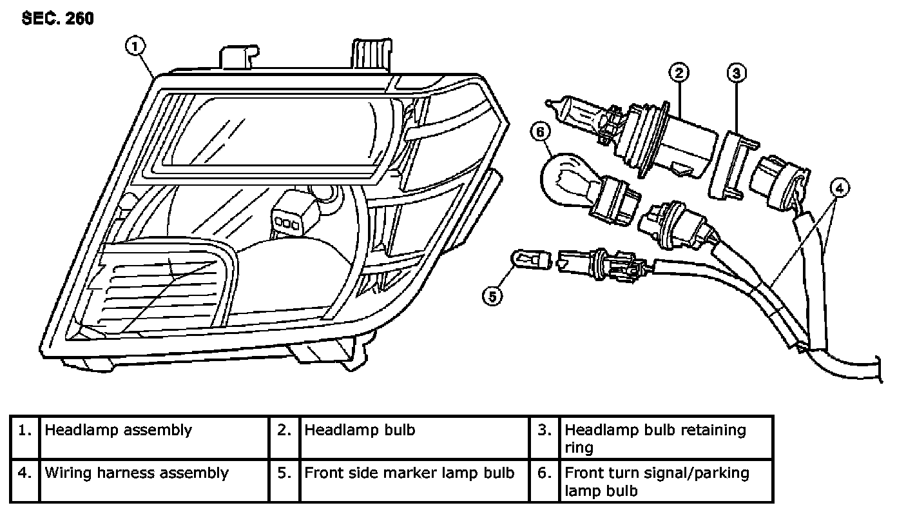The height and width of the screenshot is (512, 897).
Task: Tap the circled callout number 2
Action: pyautogui.click(x=679, y=72)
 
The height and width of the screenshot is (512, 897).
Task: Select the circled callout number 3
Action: pyautogui.click(x=737, y=72)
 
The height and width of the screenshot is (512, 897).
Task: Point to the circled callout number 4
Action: pyautogui.click(x=839, y=188)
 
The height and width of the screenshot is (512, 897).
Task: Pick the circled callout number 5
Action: pyautogui.click(x=493, y=296)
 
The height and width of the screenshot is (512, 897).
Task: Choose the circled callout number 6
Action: pyautogui.click(x=541, y=132)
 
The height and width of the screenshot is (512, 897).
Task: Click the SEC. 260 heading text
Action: pyautogui.click(x=58, y=19)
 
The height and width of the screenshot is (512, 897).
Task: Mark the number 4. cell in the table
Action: pyautogui.click(x=25, y=480)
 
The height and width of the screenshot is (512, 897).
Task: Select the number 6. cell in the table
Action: pyautogui.click(x=545, y=480)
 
